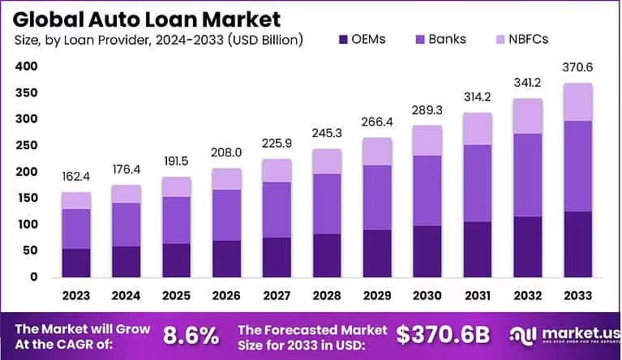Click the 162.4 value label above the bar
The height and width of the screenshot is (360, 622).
click(x=76, y=178)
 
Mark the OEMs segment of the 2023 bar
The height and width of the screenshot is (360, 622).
click(x=76, y=263)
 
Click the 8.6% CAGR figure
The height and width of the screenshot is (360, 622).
click(x=191, y=335)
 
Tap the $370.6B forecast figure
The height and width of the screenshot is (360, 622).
click(x=443, y=335)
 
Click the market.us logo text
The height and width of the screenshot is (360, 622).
click(x=573, y=332)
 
